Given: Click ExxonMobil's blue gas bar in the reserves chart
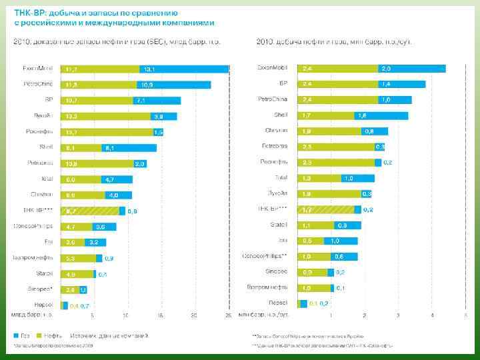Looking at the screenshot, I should pos(184,69).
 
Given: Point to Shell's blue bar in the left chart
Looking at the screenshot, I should pos(129,147).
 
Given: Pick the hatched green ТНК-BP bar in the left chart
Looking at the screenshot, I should pos(90,211).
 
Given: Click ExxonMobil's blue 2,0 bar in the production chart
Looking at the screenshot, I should pos(411,68).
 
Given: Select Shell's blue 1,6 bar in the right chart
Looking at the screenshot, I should pos(381,115).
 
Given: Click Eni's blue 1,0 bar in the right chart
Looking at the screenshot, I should pos(341,241).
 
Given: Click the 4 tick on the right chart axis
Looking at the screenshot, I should pos(433,314).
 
